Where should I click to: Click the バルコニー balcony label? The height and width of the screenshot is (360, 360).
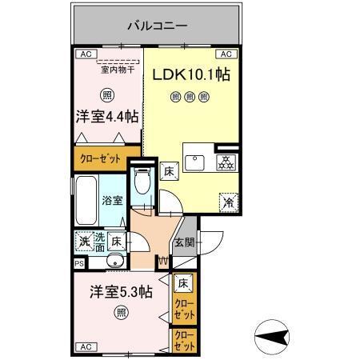click(x=157, y=26)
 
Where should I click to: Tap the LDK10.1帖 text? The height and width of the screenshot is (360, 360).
click(x=192, y=74)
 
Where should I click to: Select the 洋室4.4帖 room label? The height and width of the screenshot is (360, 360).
click(x=106, y=116)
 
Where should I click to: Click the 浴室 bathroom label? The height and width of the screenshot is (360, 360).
click(x=112, y=201)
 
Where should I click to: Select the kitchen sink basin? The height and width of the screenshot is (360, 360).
click(x=195, y=162)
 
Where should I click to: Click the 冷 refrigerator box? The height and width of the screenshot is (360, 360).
click(x=226, y=202)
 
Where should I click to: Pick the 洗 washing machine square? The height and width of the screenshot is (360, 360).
click(x=83, y=238)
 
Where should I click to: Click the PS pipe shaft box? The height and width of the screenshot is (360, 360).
click(x=78, y=262)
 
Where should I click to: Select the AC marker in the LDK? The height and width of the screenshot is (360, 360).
click(x=226, y=54)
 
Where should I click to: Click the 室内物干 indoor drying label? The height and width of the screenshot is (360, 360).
click(x=118, y=70)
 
